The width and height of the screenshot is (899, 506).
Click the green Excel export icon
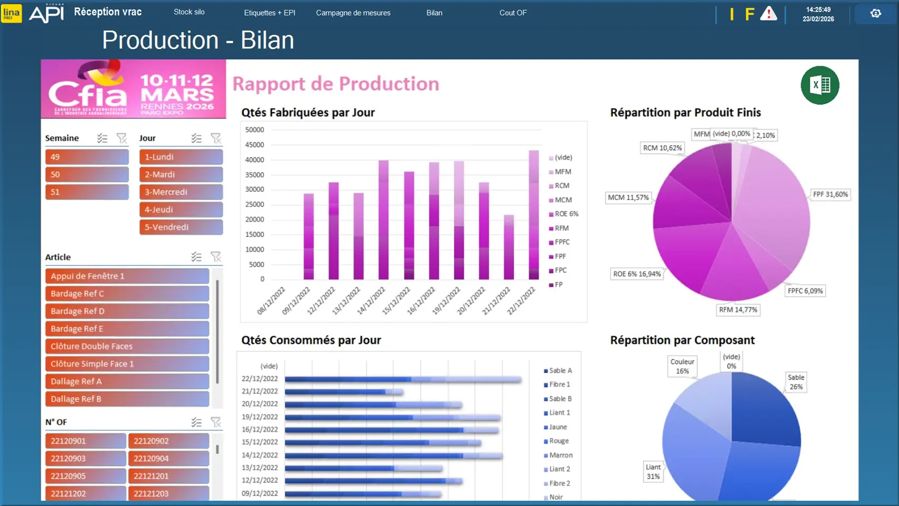pyautogui.click(x=819, y=85)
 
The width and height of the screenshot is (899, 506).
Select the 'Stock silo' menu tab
pyautogui.click(x=189, y=12)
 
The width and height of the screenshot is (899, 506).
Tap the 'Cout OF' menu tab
pyautogui.click(x=512, y=13)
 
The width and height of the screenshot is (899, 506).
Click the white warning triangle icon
pyautogui.click(x=768, y=14)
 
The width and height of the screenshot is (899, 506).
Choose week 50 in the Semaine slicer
pyautogui.click(x=87, y=174)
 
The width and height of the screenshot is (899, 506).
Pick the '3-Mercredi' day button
pyautogui.click(x=181, y=192)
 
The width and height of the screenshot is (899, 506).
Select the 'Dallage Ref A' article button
pyautogui.click(x=127, y=381)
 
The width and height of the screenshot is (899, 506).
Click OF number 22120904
pyautogui.click(x=169, y=459)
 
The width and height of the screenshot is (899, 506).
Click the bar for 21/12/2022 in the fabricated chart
pyautogui.click(x=509, y=247)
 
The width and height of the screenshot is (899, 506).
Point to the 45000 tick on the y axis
pyautogui.click(x=255, y=145)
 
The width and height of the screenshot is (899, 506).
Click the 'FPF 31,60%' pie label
pyautogui.click(x=830, y=194)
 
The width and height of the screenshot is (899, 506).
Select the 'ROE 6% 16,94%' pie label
pyautogui.click(x=637, y=274)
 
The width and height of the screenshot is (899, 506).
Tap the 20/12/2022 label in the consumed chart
pyautogui.click(x=260, y=404)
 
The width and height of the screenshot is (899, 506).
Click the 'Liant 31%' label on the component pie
pyautogui.click(x=653, y=472)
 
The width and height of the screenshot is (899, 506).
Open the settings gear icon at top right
pyautogui.click(x=875, y=14)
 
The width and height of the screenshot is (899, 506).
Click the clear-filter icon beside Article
pyautogui.click(x=216, y=257)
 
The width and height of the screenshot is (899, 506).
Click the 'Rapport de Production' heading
pyautogui.click(x=335, y=84)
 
